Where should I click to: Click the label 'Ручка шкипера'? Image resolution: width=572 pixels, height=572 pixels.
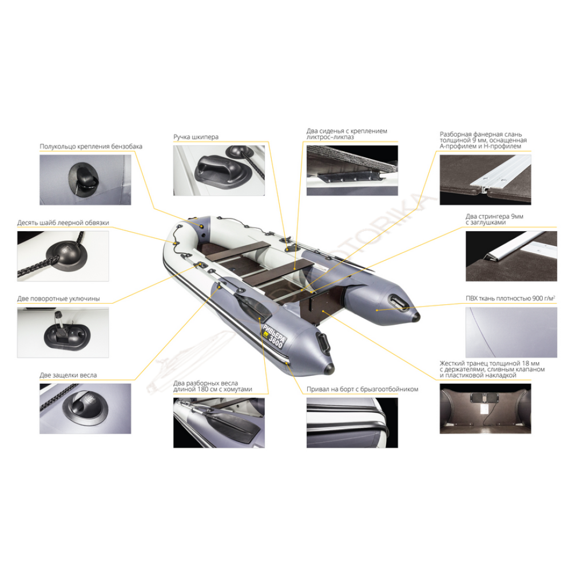point(196,137)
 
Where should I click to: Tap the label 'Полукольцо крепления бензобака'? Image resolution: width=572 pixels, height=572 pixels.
point(91,146)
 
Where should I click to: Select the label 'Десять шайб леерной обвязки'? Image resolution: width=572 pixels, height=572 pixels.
point(63,223)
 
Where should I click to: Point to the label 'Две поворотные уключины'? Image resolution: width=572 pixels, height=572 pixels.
point(58,299)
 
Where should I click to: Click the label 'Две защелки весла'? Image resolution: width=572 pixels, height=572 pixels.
point(68,375)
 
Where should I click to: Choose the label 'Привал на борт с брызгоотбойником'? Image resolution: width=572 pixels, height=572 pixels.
point(362,389)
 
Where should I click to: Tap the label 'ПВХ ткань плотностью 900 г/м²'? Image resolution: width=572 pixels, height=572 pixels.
point(510,299)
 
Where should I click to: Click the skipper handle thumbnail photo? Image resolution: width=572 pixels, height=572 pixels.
point(219,170)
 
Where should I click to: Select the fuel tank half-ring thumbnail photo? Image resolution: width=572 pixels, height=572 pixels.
point(85,180)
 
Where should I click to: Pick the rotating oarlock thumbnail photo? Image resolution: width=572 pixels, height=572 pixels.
point(63,332)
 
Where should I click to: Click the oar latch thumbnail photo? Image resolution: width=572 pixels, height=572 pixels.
point(85,408)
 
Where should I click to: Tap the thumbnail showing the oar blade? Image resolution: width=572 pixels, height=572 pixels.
point(219,423)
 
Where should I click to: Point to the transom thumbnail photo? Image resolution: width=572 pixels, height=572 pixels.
point(485,408)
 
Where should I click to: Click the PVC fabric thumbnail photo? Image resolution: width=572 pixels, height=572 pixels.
point(511,332)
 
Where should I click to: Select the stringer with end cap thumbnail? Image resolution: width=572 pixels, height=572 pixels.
point(511,256)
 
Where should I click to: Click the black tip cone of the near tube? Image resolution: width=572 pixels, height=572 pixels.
point(329,368)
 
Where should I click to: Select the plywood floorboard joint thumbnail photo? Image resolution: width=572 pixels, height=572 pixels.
point(485,180)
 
